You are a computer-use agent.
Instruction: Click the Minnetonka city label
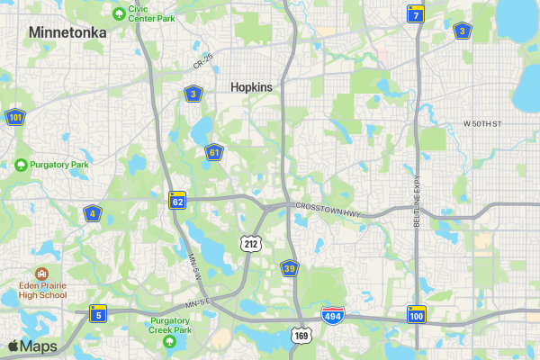pyautogui.click(x=67, y=32)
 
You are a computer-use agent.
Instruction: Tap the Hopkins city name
pyautogui.click(x=251, y=87)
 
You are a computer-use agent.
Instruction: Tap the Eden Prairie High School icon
pyautogui.click(x=40, y=274)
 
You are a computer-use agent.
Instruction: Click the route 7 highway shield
pyautogui.click(x=415, y=13)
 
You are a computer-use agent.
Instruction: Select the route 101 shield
pyautogui.click(x=14, y=117)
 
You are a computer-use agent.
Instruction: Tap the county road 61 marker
pyautogui.click(x=213, y=152)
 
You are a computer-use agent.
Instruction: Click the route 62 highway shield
pyautogui.click(x=177, y=200)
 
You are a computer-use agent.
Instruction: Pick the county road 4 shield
pyautogui.click(x=92, y=213)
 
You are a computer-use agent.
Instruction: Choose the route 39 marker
pyautogui.click(x=289, y=268)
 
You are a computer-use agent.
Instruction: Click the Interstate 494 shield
pyautogui.click(x=331, y=316)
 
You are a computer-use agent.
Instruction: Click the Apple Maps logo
pyautogui.click(x=32, y=346)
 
